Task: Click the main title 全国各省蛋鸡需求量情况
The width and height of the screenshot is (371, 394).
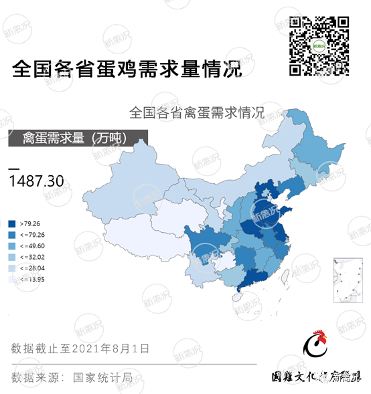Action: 125,69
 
